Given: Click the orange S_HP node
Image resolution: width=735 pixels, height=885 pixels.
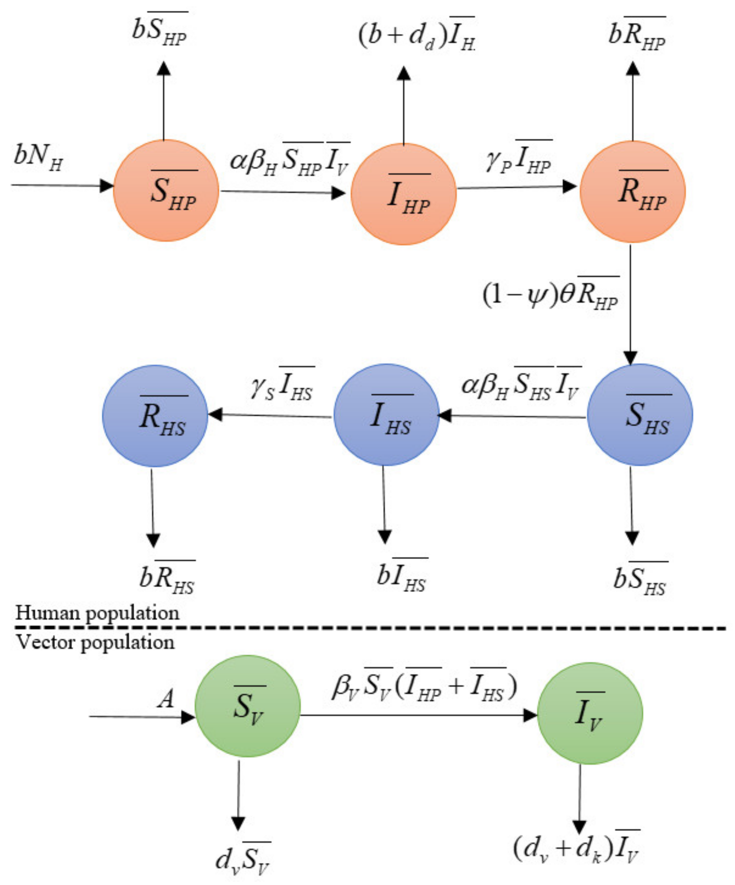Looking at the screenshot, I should (166, 190).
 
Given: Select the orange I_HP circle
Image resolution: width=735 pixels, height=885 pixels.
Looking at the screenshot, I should (404, 194).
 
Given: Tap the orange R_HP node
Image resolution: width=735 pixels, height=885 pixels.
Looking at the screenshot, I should (632, 192).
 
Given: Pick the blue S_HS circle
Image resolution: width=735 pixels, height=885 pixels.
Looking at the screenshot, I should (640, 415).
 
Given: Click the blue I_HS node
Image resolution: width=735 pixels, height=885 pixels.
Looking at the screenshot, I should (386, 415).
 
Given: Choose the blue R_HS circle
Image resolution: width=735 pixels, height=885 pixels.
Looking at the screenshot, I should (155, 416).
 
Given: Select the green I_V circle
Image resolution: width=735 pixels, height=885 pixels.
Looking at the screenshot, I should (590, 713).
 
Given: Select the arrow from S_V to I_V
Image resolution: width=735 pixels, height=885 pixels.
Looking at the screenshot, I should (417, 715).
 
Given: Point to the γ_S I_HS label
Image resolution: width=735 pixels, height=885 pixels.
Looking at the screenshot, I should (281, 387).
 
